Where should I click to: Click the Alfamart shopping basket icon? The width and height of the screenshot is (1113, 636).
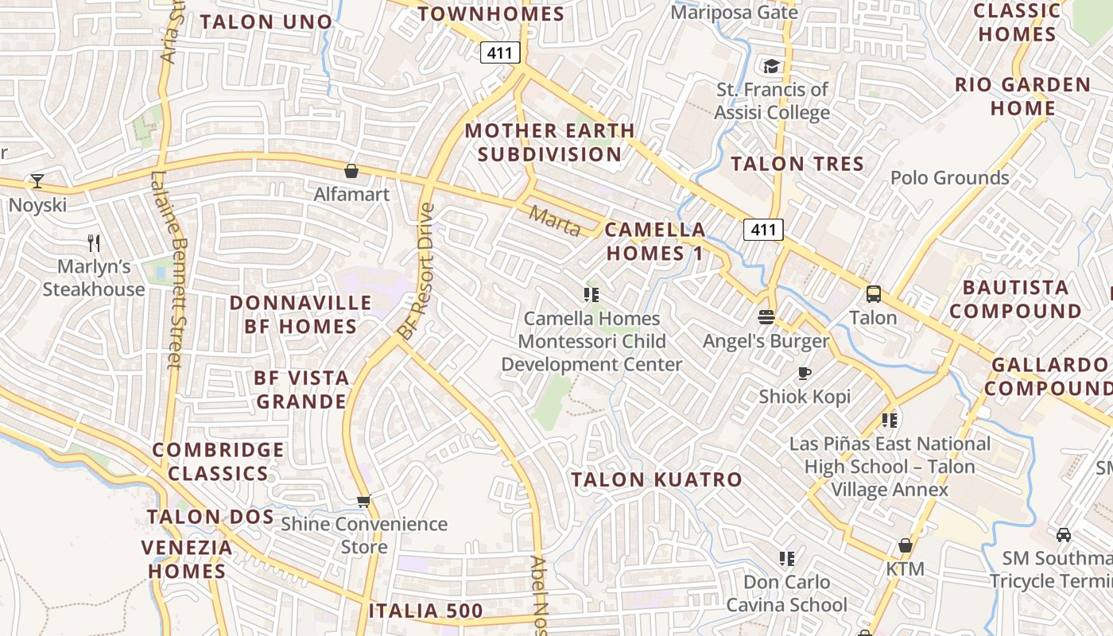(351, 171)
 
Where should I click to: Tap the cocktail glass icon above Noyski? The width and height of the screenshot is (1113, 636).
(37, 181)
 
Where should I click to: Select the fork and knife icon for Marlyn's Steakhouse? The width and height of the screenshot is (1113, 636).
(94, 242)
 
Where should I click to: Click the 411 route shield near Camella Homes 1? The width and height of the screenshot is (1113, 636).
(763, 230)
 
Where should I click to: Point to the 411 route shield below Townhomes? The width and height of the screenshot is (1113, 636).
(500, 53)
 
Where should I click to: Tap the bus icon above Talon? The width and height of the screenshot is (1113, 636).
(873, 294)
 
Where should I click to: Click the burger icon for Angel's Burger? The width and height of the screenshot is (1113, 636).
(766, 317)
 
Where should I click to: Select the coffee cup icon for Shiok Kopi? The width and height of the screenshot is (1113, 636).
(805, 373)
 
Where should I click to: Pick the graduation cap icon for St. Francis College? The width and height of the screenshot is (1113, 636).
(771, 66)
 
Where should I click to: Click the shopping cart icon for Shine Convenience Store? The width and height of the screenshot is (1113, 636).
(364, 501)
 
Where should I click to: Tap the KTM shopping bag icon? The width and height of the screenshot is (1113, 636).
(905, 545)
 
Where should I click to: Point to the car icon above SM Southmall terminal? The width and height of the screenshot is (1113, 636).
(1064, 534)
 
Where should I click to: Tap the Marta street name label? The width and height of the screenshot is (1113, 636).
(555, 221)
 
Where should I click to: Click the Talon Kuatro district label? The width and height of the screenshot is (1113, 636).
(657, 479)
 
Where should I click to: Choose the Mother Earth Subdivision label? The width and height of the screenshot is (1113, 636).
(550, 142)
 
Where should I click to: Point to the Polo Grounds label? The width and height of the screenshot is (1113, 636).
(949, 177)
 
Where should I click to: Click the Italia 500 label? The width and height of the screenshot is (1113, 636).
(425, 611)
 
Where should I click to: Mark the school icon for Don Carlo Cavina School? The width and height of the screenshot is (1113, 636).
(787, 558)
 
